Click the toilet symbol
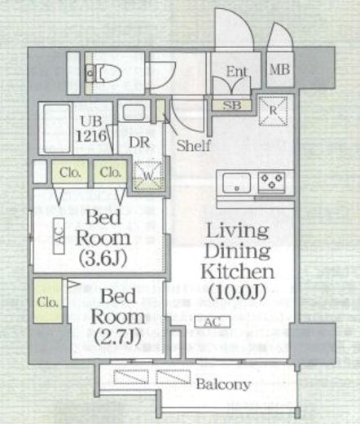pos(103,73)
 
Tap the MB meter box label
pos(279,69)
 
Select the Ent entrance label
pos(236,72)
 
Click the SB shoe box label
pos(232,105)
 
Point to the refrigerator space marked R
pos(273,111)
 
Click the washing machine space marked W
pos(148,176)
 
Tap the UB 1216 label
pos(91,129)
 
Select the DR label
pos(139,142)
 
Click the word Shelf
pos(194,146)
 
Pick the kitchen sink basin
pos(236,183)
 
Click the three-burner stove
pos(271,181)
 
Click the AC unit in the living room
pos(213,322)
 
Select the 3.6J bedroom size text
pos(103,258)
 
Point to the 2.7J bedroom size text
pos(117,338)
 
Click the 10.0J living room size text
pos(237,292)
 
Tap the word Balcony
pos(222,384)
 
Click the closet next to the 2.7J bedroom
pos(48,301)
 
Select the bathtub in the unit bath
pos(56,128)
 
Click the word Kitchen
pos(238,271)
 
